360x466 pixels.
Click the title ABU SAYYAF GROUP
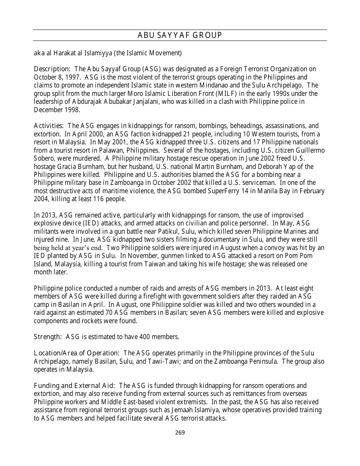pos(180,36)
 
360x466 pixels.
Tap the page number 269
pos(180,433)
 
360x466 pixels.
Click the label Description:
pos(52,69)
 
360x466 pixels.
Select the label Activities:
pos(49,126)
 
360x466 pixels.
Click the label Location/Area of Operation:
pos(77,353)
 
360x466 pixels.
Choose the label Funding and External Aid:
pos(75,386)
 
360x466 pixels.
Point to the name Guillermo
pos(310,150)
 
